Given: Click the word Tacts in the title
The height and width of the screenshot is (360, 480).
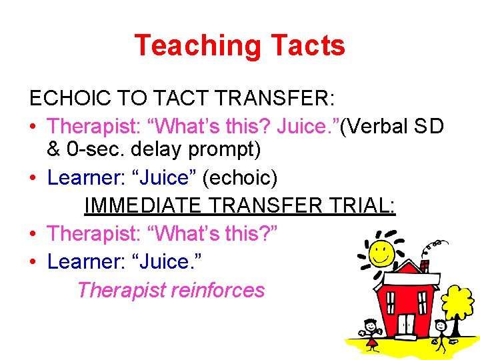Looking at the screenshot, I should point(307,45).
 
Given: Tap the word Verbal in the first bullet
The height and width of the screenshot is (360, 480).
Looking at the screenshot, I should point(384,125).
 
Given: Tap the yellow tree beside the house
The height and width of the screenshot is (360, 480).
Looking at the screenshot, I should point(458,303).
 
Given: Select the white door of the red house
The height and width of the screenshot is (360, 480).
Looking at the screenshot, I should point(406,325).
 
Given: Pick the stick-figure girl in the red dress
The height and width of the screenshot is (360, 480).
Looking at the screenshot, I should point(371,332).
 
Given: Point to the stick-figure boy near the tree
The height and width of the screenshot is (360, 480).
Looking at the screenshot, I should point(441,333).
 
